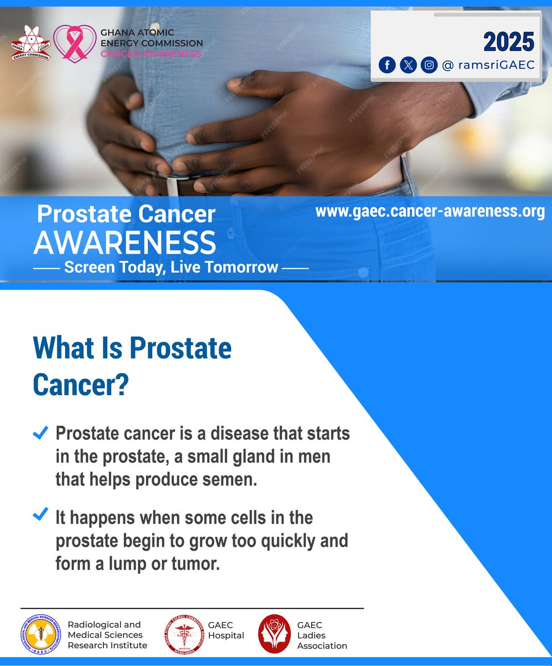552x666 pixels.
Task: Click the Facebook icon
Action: (x=387, y=65)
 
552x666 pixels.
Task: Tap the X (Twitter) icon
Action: (x=408, y=65)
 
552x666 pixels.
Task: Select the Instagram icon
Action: (x=429, y=65)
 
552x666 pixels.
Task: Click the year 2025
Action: (x=508, y=42)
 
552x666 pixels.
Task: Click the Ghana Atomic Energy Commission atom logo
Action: (x=31, y=43)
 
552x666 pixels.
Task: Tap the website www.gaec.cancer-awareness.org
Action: (x=430, y=211)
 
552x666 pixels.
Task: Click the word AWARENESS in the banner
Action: (x=125, y=242)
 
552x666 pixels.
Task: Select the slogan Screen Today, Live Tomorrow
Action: (x=171, y=267)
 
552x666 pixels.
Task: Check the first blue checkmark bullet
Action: (x=41, y=433)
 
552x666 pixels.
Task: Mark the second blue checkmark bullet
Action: (x=41, y=515)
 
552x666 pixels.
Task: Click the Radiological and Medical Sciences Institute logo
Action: (x=41, y=635)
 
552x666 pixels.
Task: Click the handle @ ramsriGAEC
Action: (x=488, y=65)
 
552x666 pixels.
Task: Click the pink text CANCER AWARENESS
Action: (x=151, y=54)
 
